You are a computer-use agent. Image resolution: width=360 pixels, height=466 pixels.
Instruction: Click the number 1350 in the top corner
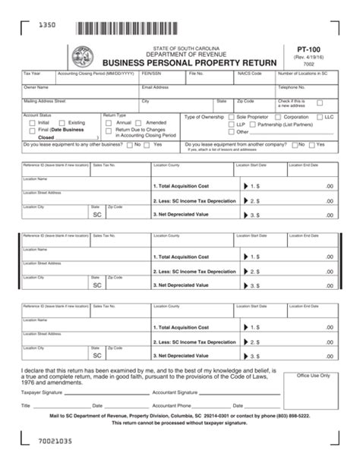[x=47, y=26]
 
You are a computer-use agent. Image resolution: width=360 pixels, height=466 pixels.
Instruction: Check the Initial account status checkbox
[x=32, y=122]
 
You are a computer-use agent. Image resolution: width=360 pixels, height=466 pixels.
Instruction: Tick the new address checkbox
[x=320, y=103]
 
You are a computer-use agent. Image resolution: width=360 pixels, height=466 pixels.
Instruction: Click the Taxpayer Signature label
[x=42, y=392]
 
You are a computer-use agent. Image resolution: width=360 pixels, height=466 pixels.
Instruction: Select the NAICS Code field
[x=254, y=77]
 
